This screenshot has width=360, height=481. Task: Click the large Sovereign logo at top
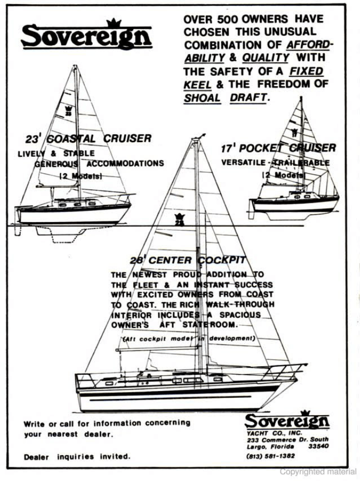pyautogui.click(x=86, y=36)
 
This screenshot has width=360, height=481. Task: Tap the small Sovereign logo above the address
pyautogui.click(x=287, y=421)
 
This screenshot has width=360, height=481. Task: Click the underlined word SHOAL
pyautogui.click(x=202, y=98)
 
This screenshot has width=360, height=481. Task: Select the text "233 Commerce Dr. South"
pyautogui.click(x=287, y=439)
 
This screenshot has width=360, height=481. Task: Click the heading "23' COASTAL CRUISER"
pyautogui.click(x=88, y=139)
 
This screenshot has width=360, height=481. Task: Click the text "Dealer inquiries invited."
pyautogui.click(x=76, y=456)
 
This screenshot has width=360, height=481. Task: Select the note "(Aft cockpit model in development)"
pyautogui.click(x=189, y=338)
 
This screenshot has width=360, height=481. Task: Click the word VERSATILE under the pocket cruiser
pyautogui.click(x=243, y=163)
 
